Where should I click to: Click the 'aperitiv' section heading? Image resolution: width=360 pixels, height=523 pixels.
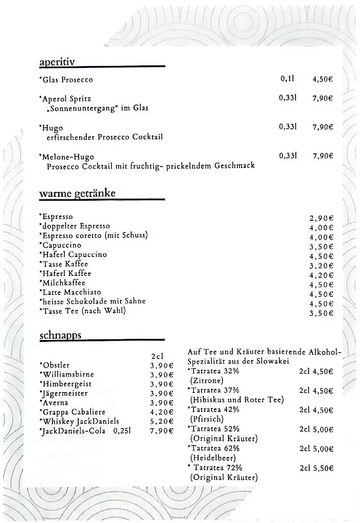[x=57, y=62]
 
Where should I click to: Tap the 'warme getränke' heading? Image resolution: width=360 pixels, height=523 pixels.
[x=77, y=194]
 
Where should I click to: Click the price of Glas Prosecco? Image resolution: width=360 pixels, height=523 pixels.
[x=322, y=79]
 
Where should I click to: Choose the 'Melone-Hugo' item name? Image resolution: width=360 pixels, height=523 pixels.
[x=67, y=157]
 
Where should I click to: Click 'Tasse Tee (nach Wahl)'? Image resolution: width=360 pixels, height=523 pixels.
[x=82, y=311]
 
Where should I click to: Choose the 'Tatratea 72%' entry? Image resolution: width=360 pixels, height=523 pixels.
[x=218, y=468]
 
